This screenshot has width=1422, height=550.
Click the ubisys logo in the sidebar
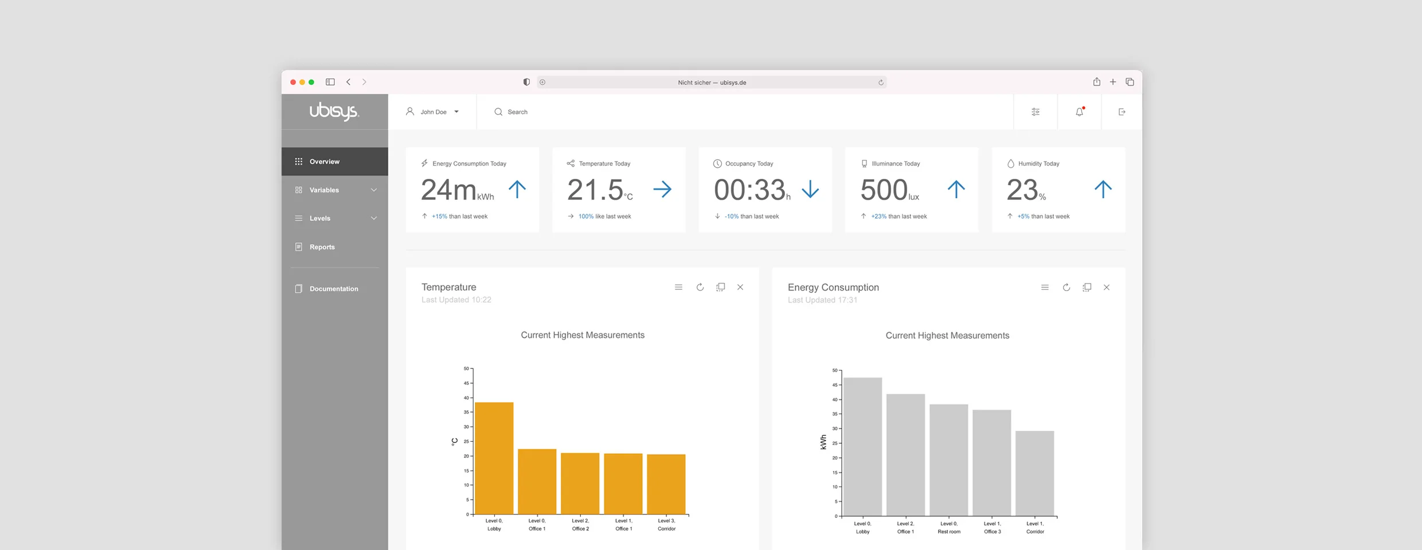coord(334,111)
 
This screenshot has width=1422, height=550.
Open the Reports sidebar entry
coord(322,247)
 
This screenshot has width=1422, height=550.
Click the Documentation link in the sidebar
coord(333,289)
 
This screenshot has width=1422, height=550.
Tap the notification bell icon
coord(1080,112)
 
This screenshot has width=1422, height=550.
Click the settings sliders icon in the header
coord(1036,112)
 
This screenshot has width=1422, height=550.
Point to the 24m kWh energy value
coord(458,190)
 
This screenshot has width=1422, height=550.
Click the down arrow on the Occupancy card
coord(810,189)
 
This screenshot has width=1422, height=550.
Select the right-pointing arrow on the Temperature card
coord(662,189)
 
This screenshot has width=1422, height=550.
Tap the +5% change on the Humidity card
coord(1023,217)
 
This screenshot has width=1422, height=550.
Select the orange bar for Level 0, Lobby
coord(494,458)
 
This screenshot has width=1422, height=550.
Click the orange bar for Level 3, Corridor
coord(666,484)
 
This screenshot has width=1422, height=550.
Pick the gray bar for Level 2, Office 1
coord(906,455)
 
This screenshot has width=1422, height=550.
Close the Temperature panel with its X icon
coord(740,287)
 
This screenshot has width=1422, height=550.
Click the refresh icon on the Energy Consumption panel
coord(1066,288)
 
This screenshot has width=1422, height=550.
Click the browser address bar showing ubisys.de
coord(712,82)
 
